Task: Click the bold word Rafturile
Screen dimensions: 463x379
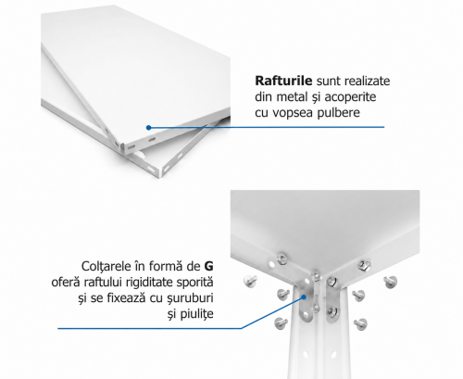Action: (x=283, y=81)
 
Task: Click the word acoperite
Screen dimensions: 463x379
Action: (x=350, y=97)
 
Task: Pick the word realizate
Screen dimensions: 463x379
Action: (x=367, y=81)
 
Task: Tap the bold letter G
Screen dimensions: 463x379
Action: (x=208, y=266)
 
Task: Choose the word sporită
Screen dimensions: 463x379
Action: (x=194, y=283)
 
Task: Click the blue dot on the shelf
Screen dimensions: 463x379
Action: (x=149, y=128)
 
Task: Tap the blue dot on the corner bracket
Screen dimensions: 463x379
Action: (x=304, y=297)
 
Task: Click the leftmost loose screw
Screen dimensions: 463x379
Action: (x=250, y=281)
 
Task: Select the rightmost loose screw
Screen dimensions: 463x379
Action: (x=391, y=282)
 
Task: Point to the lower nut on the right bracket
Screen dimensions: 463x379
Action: (x=331, y=312)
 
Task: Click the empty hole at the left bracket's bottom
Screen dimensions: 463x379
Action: (x=306, y=315)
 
